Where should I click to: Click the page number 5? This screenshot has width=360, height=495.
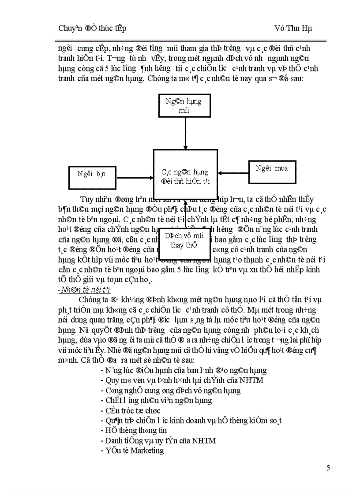(328, 468)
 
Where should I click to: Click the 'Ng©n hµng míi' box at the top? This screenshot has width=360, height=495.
(184, 106)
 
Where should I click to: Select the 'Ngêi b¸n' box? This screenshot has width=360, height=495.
(91, 174)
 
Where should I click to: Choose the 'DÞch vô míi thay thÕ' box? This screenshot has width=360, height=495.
(184, 240)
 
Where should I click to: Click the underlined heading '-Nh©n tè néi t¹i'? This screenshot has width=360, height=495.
(84, 289)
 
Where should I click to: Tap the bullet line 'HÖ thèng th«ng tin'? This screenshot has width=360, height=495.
(136, 430)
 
